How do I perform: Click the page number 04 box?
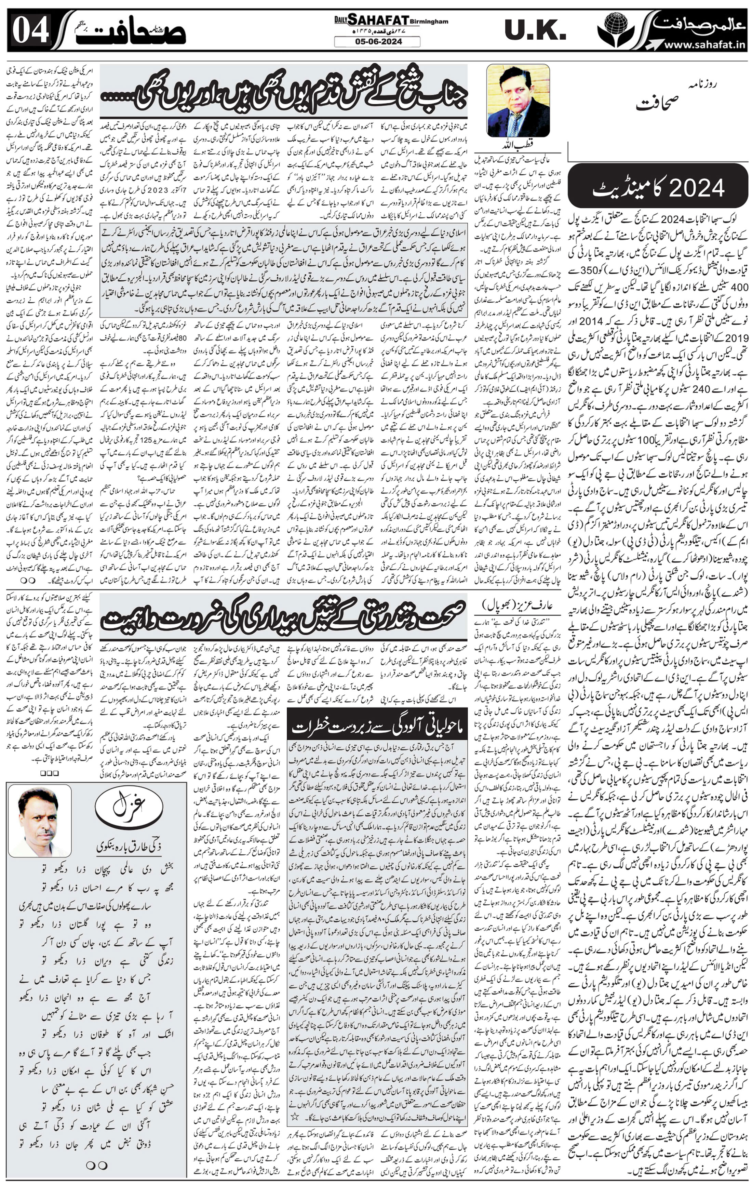(30, 30)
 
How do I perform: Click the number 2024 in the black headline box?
(700, 187)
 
